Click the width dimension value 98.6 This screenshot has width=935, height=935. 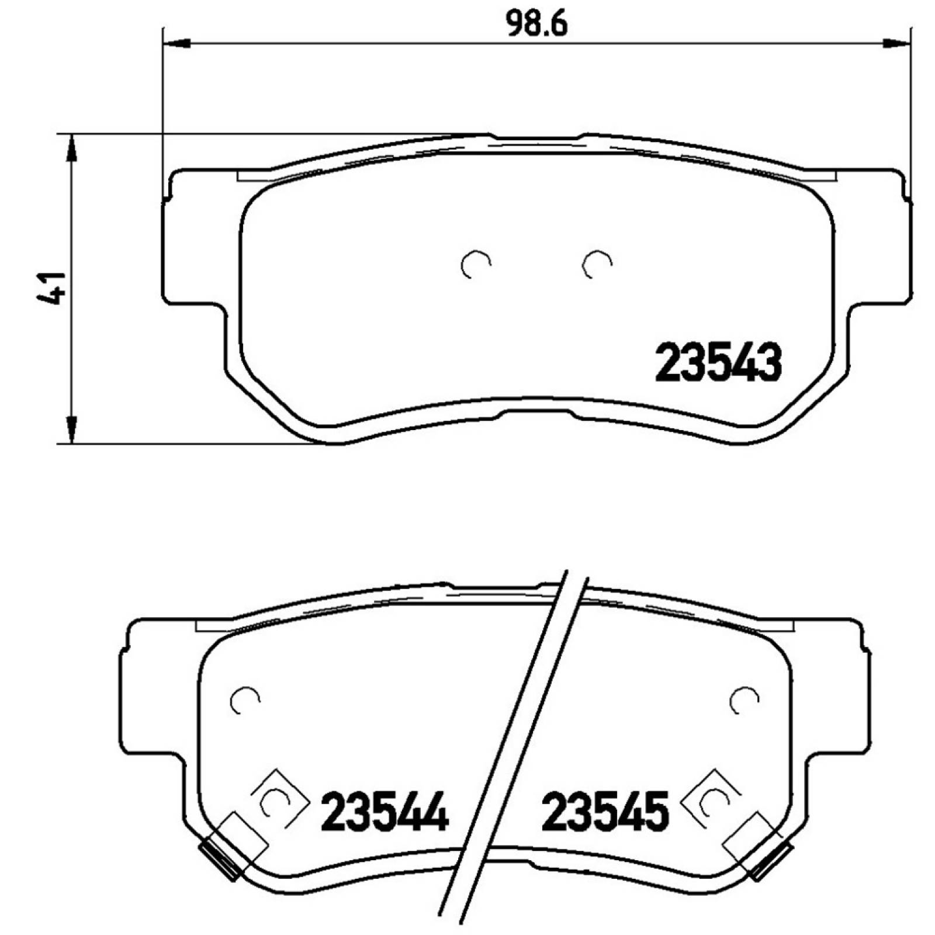pyautogui.click(x=536, y=25)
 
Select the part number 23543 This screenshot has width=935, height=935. pyautogui.click(x=718, y=363)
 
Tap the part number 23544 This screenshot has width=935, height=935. pyautogui.click(x=385, y=812)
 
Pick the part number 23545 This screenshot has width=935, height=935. pyautogui.click(x=605, y=812)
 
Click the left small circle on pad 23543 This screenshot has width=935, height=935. pyautogui.click(x=475, y=265)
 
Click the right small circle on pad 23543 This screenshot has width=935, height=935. pyautogui.click(x=597, y=264)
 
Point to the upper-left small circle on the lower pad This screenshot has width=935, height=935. pyautogui.click(x=245, y=699)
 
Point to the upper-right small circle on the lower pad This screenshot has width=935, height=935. pyautogui.click(x=744, y=699)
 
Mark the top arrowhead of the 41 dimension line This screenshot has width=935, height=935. pyautogui.click(x=71, y=148)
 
